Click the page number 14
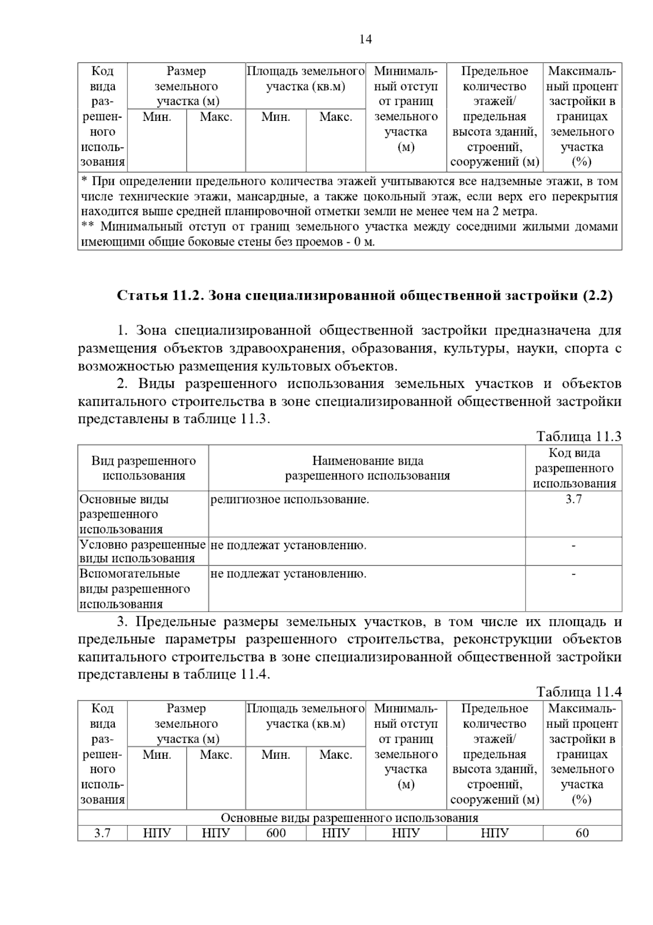click(x=366, y=39)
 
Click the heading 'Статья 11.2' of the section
click(x=365, y=295)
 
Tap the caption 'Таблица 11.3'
click(x=578, y=436)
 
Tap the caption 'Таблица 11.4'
click(x=578, y=692)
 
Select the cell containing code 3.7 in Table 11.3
click(x=574, y=500)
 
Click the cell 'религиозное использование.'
click(x=289, y=500)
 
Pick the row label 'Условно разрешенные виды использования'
click(x=143, y=551)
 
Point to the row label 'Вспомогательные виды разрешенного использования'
click(x=135, y=589)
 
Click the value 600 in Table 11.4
click(x=276, y=833)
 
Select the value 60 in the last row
click(x=582, y=833)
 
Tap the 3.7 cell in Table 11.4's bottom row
click(x=102, y=833)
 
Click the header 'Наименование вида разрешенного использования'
click(x=367, y=468)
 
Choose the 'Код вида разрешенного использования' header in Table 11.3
click(x=574, y=468)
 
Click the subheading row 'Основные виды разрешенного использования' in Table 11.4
click(x=349, y=818)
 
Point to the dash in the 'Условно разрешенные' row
click(x=574, y=545)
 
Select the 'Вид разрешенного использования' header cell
click(x=144, y=468)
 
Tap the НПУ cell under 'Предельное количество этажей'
click(x=495, y=833)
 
